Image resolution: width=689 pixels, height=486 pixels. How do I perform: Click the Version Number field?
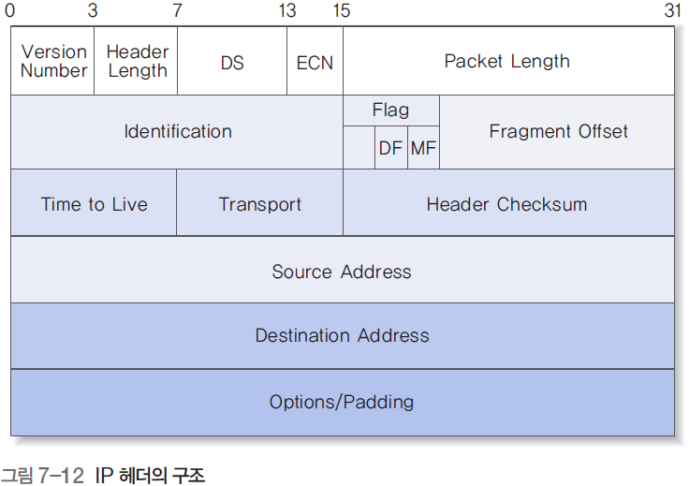(x=53, y=61)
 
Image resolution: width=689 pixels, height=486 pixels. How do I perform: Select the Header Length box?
(x=137, y=61)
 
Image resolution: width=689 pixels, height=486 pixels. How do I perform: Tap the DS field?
(x=232, y=62)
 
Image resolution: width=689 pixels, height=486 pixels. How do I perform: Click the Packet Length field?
(x=506, y=62)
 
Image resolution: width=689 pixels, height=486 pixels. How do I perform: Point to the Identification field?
(x=178, y=132)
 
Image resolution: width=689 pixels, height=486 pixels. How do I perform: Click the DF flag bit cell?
(x=390, y=148)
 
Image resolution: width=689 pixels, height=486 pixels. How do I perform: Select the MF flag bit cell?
(x=423, y=148)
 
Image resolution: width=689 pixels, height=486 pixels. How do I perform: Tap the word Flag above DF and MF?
(x=390, y=110)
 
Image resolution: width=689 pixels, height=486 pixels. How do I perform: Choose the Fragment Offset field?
(x=558, y=132)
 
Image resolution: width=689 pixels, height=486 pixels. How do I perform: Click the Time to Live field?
(x=94, y=204)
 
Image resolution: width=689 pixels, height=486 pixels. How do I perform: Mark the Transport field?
(x=260, y=204)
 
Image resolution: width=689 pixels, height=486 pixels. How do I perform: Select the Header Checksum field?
(x=506, y=204)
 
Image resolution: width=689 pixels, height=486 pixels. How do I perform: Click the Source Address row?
(x=342, y=272)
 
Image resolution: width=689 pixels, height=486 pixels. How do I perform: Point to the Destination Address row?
(x=342, y=335)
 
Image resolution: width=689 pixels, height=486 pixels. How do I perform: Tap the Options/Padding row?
(x=342, y=403)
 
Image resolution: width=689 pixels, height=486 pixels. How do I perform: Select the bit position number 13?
(x=287, y=11)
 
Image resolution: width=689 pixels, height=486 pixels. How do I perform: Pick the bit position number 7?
(x=177, y=11)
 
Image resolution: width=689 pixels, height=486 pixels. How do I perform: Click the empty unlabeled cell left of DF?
(x=359, y=148)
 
